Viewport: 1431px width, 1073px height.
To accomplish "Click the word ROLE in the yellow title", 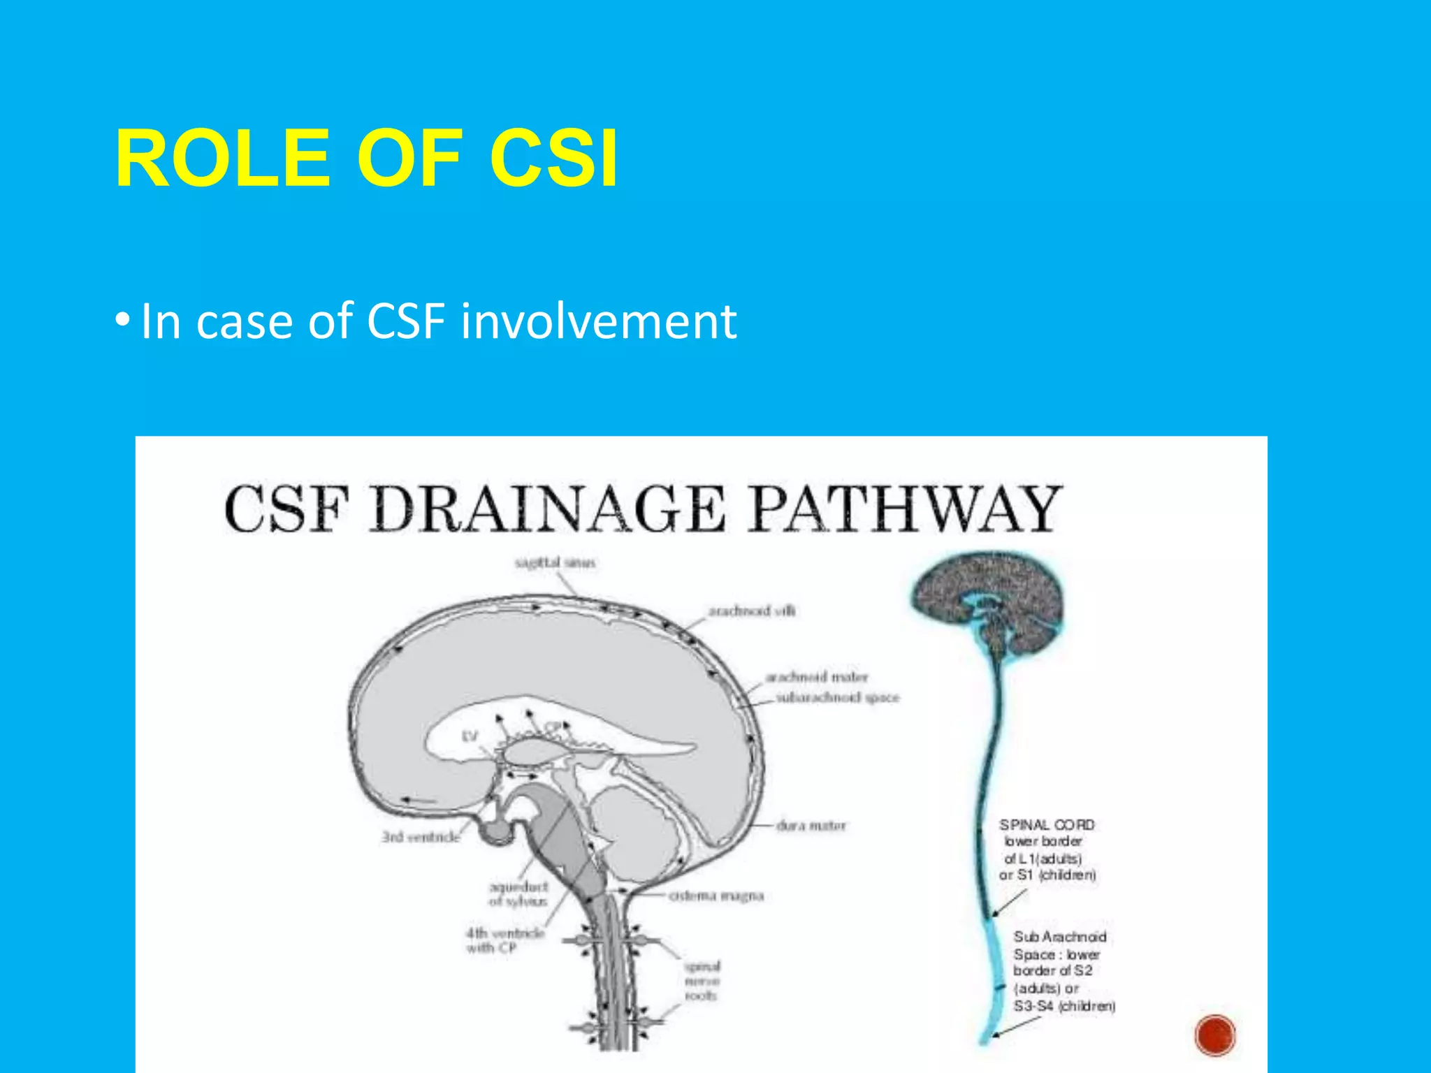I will [222, 159].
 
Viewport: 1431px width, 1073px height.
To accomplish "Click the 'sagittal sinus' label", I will [555, 563].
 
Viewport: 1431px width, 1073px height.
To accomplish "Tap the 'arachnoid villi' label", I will [752, 611].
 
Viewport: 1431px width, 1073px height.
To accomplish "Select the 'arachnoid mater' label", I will [816, 677].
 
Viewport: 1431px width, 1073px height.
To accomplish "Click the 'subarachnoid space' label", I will [838, 697].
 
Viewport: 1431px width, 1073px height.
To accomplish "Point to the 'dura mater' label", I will [811, 826].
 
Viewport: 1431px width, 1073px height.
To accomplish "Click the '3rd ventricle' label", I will [421, 836].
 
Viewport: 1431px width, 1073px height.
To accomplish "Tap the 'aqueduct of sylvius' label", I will [518, 893].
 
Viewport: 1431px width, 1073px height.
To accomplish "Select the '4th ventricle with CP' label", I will [504, 940].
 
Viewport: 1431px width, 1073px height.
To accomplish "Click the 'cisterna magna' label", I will [716, 896].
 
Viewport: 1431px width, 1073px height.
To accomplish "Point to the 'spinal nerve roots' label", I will [702, 981].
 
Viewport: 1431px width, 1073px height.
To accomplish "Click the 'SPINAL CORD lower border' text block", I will [1047, 850].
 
